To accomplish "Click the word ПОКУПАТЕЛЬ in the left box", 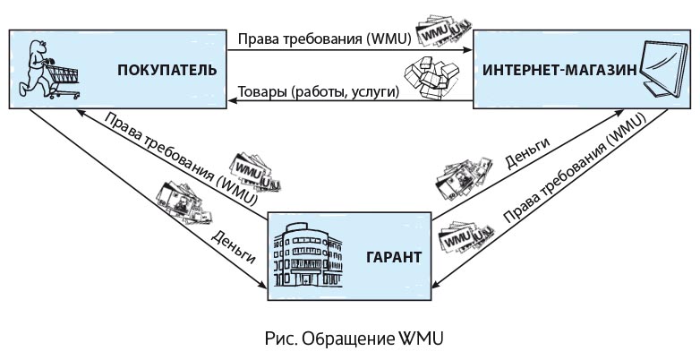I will (x=166, y=69).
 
